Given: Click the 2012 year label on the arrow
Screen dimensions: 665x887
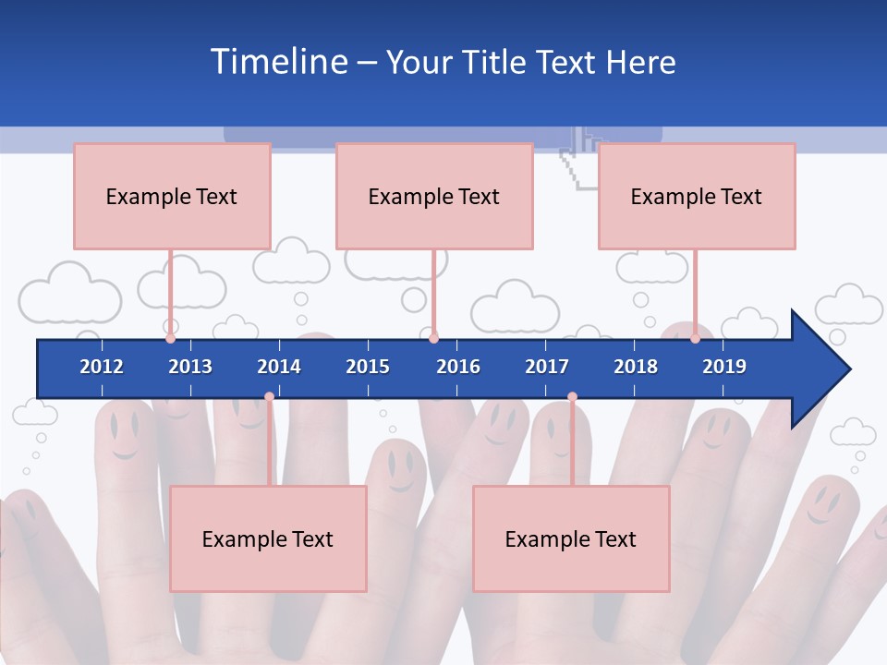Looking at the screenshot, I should (102, 367).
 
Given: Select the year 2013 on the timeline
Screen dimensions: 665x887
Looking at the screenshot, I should (190, 367).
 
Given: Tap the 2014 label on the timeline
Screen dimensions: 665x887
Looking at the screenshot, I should (279, 367).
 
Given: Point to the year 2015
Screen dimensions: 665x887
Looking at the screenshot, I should (368, 367).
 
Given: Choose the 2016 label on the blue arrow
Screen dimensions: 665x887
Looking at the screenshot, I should (458, 367).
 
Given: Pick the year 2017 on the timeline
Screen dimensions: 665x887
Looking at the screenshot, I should (547, 367).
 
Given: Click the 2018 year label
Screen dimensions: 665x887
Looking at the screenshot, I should (636, 367).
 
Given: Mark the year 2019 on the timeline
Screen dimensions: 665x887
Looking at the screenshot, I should (724, 367).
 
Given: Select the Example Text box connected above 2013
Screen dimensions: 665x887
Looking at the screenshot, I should (172, 196).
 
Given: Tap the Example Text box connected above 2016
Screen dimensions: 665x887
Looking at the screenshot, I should (434, 196).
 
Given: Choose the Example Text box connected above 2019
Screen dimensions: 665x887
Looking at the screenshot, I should (697, 196).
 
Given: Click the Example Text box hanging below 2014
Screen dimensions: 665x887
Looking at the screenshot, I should (268, 538).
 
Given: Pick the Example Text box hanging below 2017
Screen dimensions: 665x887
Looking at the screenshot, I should (571, 538).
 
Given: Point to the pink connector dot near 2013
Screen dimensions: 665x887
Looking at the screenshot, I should (170, 338).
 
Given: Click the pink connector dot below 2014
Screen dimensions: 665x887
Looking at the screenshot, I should (269, 396).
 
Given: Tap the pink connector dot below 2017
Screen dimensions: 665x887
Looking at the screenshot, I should (572, 396).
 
